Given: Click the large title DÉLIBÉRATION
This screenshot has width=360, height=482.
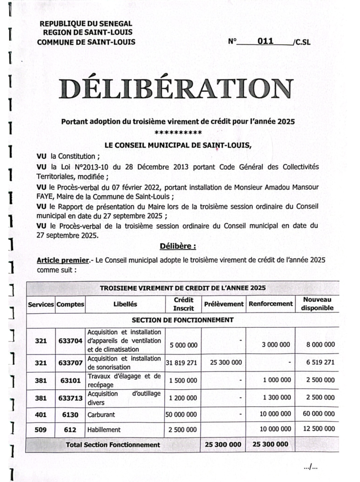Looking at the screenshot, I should click(x=176, y=89).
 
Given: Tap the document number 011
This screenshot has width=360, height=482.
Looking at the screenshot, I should click(x=265, y=41).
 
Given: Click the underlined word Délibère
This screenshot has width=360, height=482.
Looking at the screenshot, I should click(x=177, y=246).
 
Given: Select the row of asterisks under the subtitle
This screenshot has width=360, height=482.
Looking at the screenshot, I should click(x=178, y=132).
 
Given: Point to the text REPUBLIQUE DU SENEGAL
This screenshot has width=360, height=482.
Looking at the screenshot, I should click(x=86, y=24).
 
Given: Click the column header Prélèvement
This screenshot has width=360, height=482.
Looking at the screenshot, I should click(x=224, y=304).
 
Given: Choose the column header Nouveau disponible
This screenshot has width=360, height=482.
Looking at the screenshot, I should click(x=317, y=304).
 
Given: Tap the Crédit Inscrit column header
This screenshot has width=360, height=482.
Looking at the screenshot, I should click(x=184, y=304).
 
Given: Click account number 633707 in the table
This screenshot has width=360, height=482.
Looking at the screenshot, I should click(x=70, y=363).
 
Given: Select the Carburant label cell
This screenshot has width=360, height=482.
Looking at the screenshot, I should click(x=101, y=415).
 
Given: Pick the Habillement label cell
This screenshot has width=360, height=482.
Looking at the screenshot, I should click(x=104, y=429).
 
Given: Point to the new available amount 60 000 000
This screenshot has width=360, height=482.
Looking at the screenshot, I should click(x=317, y=414).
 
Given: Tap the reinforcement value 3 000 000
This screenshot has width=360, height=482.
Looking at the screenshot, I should click(x=276, y=345).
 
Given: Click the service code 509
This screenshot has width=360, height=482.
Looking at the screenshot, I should click(x=40, y=429).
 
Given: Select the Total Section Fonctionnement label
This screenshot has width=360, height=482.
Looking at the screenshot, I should click(x=113, y=444).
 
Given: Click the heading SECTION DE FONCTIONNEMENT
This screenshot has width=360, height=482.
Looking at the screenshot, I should click(x=183, y=320).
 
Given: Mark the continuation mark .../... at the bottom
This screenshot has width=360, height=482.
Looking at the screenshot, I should click(x=311, y=467).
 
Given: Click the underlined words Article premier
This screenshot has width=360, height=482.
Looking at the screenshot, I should click(x=63, y=260).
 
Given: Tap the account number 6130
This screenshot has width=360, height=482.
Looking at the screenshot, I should click(x=70, y=415).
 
